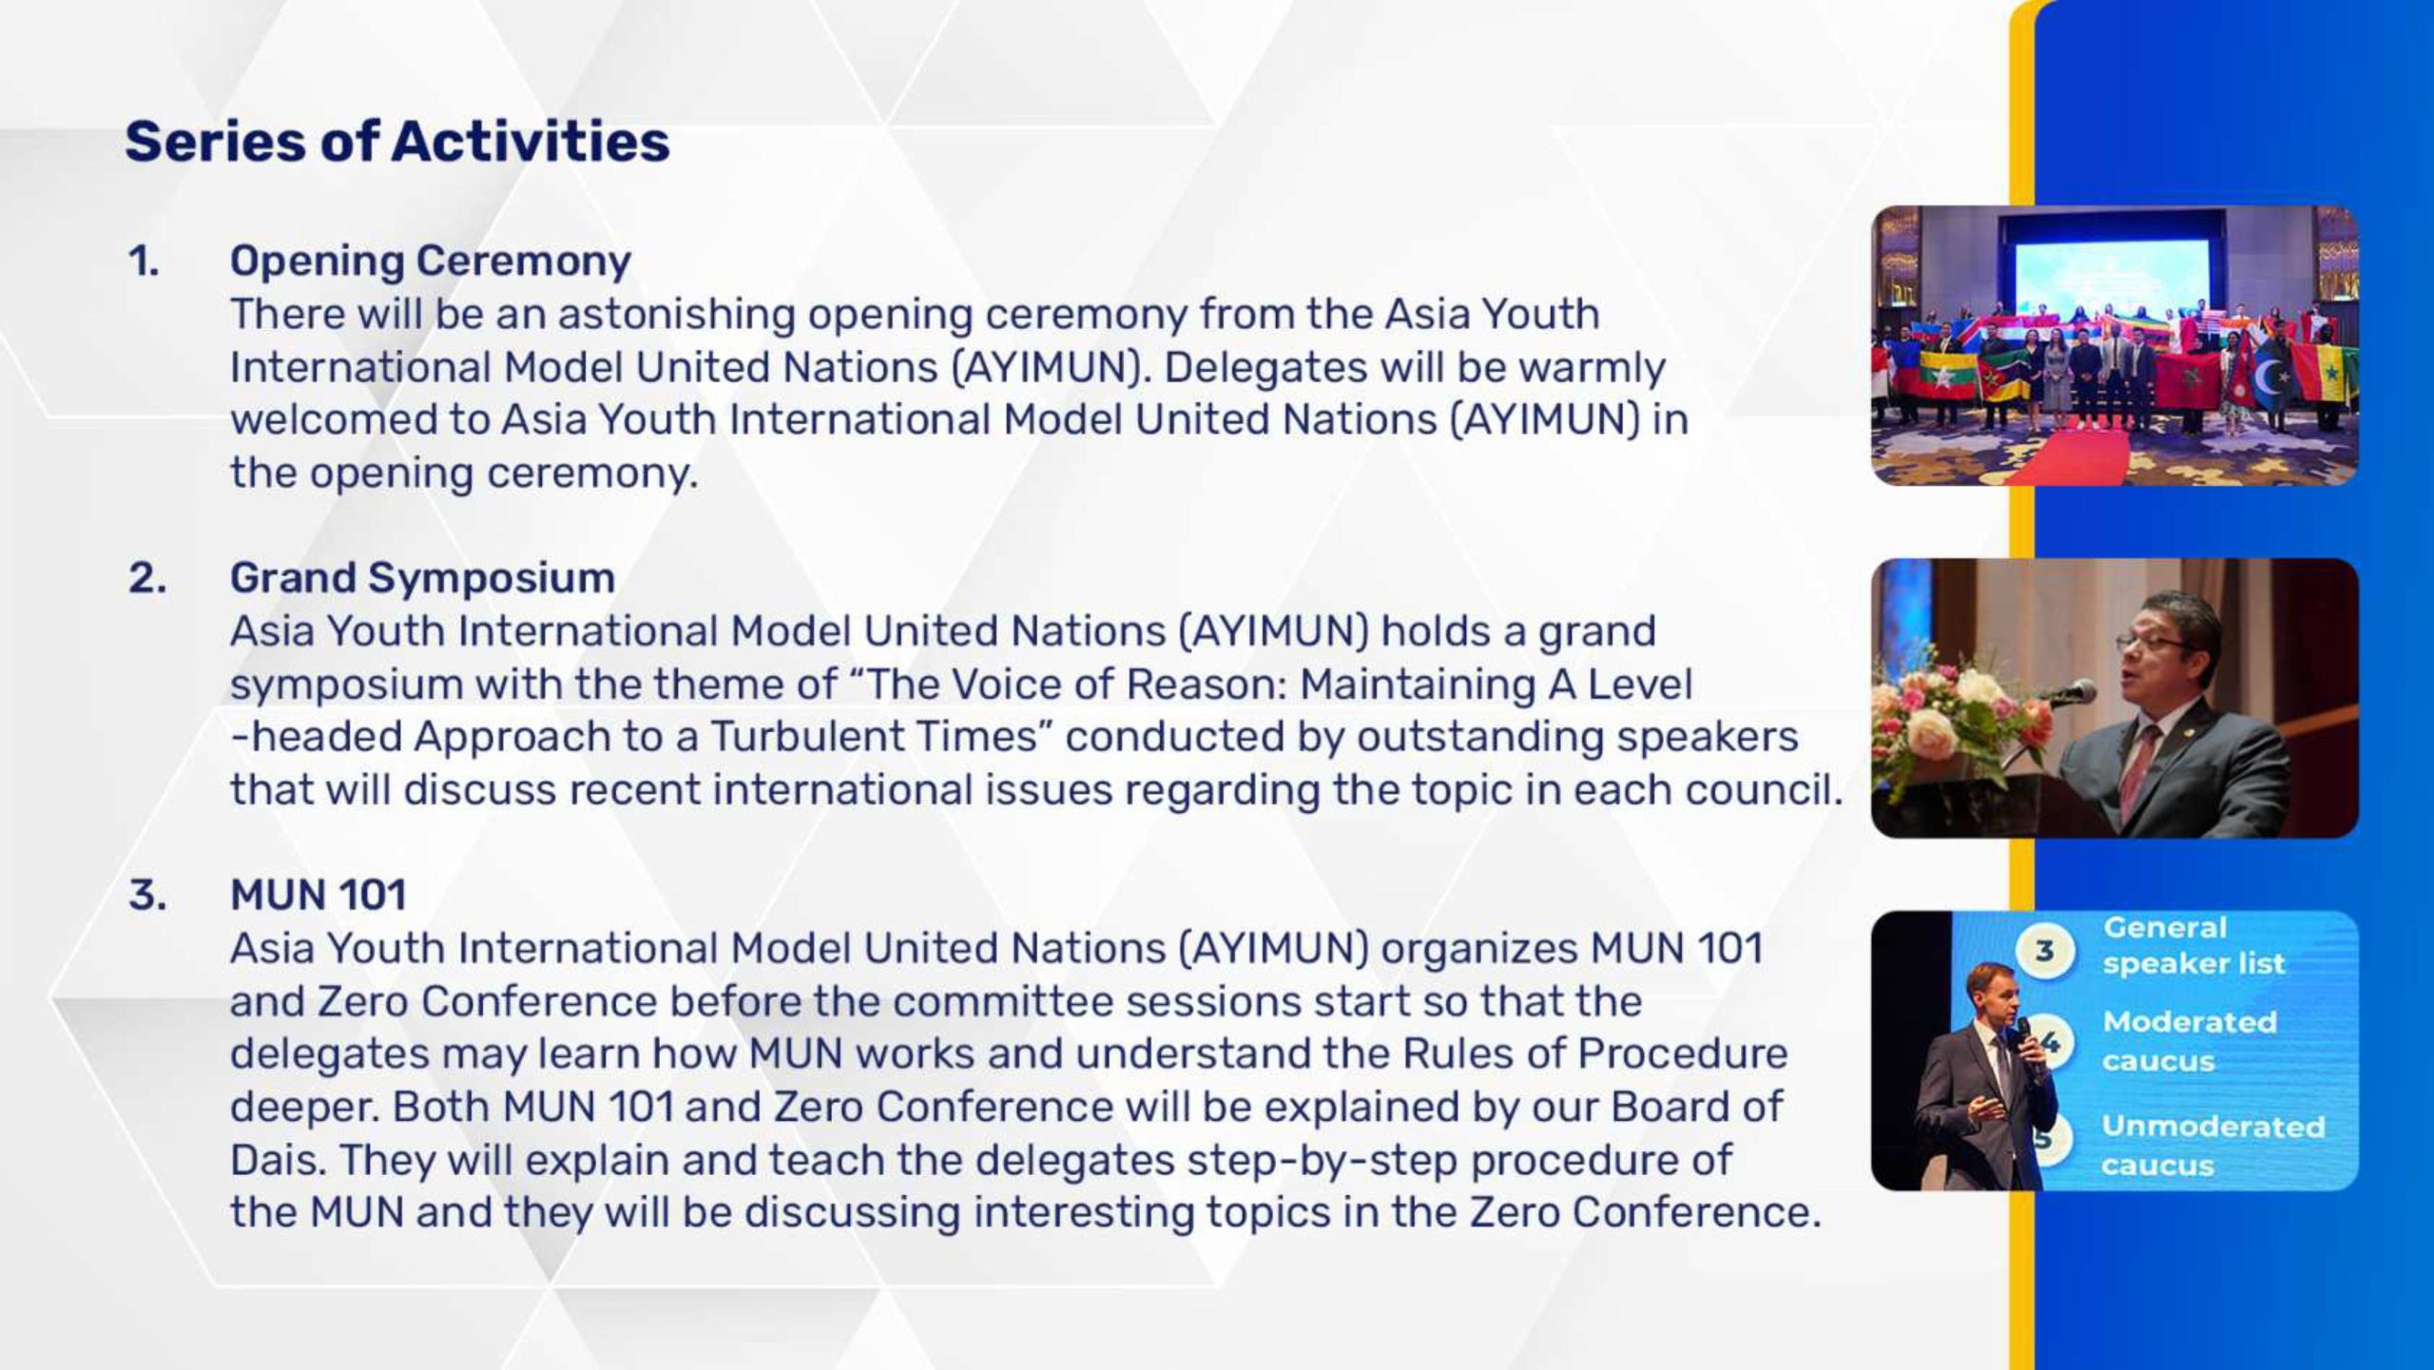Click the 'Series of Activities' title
(397, 142)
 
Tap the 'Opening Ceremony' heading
(431, 261)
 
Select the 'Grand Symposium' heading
(422, 578)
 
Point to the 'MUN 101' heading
(319, 895)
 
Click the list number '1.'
(144, 261)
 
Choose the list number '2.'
(147, 578)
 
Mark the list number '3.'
(147, 895)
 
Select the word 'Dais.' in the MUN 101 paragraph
(280, 1160)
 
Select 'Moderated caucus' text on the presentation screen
(2190, 1041)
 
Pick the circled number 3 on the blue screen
(2043, 950)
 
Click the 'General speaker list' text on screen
(2193, 945)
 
